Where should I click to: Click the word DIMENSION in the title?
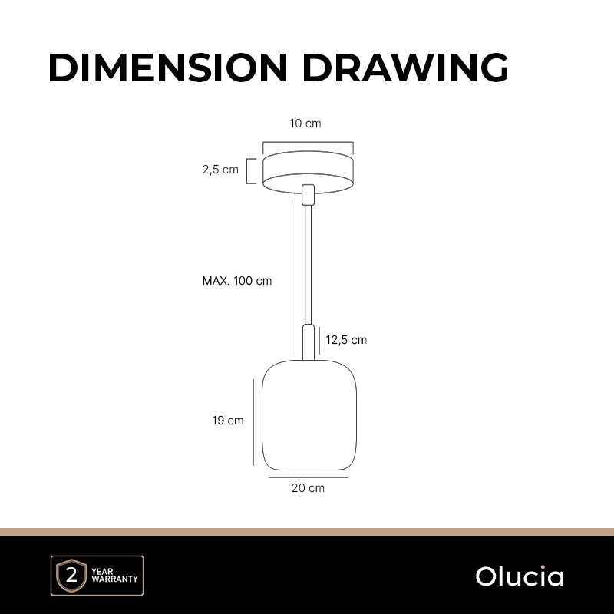[x=168, y=68]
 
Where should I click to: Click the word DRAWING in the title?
[x=405, y=68]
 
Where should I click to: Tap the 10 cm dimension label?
[x=305, y=124]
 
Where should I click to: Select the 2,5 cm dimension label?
[x=220, y=170]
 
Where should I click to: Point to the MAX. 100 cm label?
[x=237, y=281]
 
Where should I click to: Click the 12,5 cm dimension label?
[x=346, y=340]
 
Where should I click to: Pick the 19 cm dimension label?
[x=228, y=421]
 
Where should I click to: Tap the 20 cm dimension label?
[x=309, y=488]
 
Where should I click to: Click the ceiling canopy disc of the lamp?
[x=309, y=172]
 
